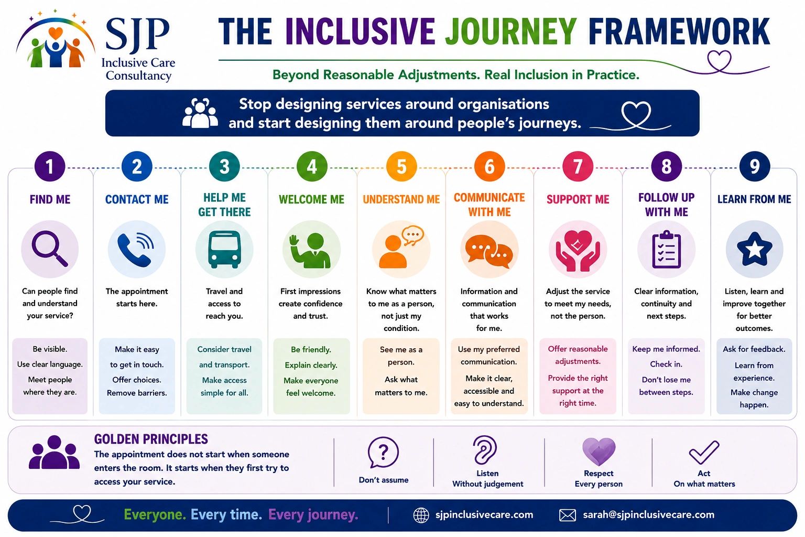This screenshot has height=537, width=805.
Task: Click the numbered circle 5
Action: [x=401, y=167]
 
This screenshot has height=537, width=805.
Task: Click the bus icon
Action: [x=225, y=249]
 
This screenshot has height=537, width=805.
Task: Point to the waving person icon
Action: [x=310, y=251]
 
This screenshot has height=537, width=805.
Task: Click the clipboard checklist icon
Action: [x=666, y=249]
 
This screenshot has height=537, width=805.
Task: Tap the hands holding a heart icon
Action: [x=578, y=251]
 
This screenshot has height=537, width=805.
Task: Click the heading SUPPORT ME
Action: [x=578, y=199]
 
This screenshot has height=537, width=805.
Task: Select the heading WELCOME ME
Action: [x=312, y=199]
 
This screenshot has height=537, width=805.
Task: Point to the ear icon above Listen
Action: [x=485, y=450]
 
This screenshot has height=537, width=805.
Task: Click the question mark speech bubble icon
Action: [x=383, y=452]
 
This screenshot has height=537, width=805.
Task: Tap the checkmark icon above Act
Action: [x=704, y=452]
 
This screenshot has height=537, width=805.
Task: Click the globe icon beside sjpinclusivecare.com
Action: [x=421, y=515]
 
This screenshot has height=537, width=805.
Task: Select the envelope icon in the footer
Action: [x=568, y=515]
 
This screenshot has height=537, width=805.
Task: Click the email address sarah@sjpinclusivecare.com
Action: [x=648, y=514]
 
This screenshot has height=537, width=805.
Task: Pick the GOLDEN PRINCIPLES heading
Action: [x=151, y=439]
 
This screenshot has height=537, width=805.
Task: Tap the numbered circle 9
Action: [x=754, y=167]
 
